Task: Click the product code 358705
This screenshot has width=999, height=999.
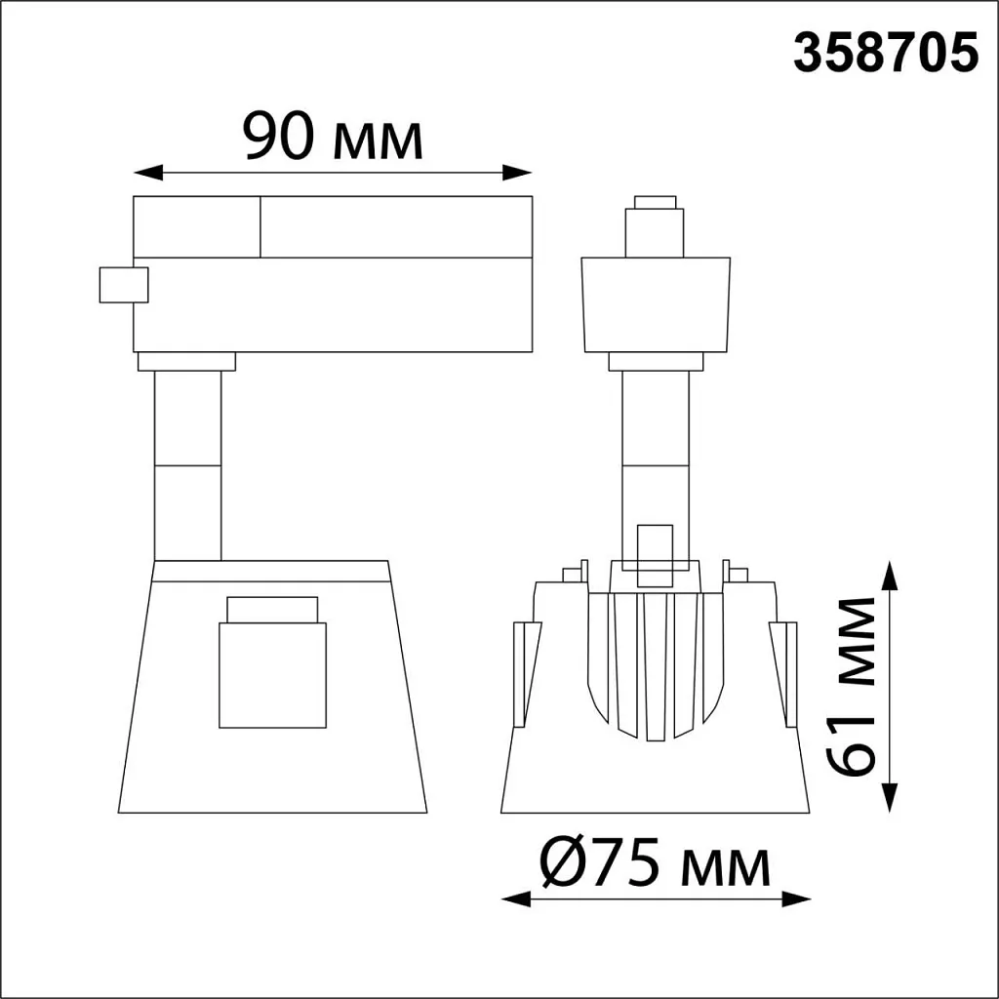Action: pos(885,54)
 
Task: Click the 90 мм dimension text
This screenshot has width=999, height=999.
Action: pos(333,136)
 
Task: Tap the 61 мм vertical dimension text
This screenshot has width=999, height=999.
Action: pos(851,687)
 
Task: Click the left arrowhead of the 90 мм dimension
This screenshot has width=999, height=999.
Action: pos(148,172)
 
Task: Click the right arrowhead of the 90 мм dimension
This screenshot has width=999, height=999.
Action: pos(517,172)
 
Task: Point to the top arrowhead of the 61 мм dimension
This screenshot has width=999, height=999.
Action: pos(890,576)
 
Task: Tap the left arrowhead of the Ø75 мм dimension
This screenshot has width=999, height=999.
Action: pos(516,899)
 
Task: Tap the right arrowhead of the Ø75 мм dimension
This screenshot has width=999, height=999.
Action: pos(796,899)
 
